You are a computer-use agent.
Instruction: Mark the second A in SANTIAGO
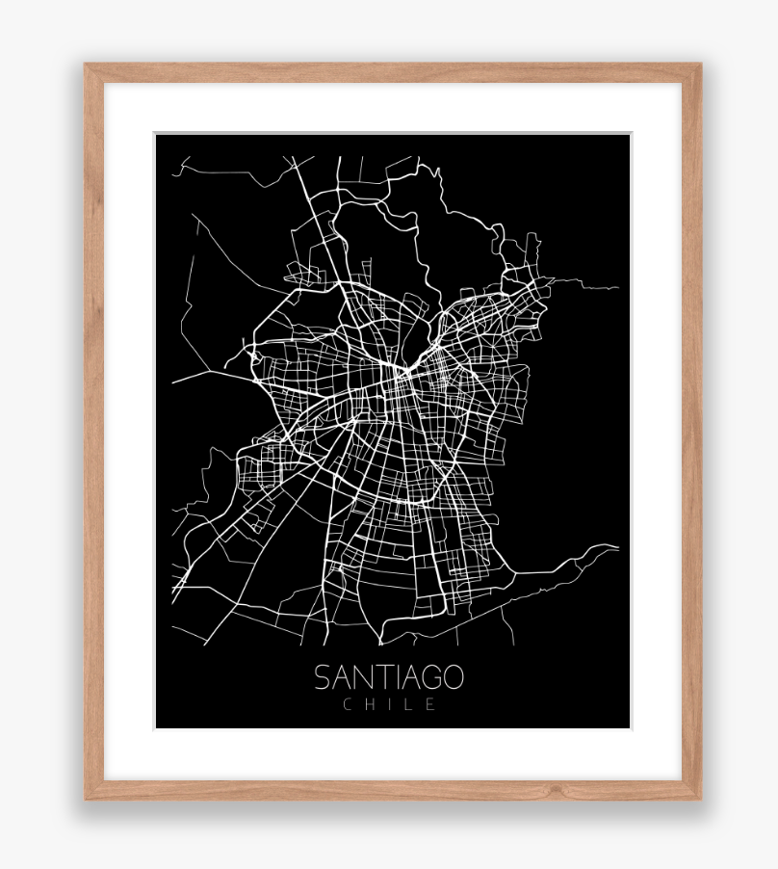coord(407,677)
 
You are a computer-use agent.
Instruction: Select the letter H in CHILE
coord(370,704)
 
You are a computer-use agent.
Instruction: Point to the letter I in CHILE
coord(389,704)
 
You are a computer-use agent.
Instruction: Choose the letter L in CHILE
coord(408,704)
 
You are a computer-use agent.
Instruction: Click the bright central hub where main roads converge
coord(398,372)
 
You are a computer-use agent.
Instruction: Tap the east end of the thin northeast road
coord(618,287)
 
